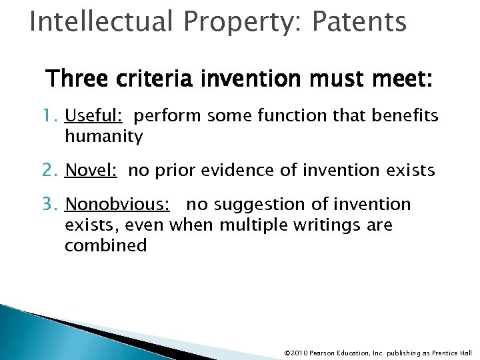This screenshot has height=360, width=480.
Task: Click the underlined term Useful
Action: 93,116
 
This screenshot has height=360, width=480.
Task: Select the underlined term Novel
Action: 91,171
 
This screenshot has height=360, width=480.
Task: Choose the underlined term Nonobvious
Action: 116,204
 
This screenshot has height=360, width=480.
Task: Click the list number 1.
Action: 53,116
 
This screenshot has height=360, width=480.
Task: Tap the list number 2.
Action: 53,171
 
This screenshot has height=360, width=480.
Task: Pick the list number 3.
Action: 53,204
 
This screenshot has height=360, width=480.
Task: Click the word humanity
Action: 103,137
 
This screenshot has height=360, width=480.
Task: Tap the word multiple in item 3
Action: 255,225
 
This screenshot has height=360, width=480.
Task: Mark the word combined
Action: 105,246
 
